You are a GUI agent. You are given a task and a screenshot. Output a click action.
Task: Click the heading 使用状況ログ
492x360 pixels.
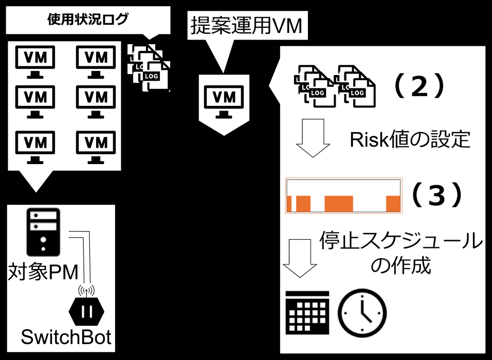point(88,20)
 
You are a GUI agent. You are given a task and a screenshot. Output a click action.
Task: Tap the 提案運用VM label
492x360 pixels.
point(247,26)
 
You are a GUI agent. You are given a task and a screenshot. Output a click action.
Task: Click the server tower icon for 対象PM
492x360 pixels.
point(43,232)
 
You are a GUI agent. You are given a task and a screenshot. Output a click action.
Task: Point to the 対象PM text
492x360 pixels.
point(43,272)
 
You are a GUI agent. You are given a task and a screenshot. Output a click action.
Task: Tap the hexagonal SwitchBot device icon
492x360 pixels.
point(86,311)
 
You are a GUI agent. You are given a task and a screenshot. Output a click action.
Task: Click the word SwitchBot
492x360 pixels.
point(66,337)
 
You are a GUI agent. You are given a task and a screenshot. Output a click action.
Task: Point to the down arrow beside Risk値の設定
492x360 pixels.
point(313,138)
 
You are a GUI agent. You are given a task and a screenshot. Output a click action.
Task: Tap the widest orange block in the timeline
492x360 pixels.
point(339,204)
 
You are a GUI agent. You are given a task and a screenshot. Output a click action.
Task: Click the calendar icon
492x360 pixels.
point(307,313)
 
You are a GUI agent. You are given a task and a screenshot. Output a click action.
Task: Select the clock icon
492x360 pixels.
point(362,313)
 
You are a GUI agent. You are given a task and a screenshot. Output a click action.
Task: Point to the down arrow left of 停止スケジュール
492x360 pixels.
point(300,258)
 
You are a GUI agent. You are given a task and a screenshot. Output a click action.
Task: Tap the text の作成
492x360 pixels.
point(401,265)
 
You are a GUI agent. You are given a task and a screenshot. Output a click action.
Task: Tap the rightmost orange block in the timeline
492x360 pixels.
point(393,204)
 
